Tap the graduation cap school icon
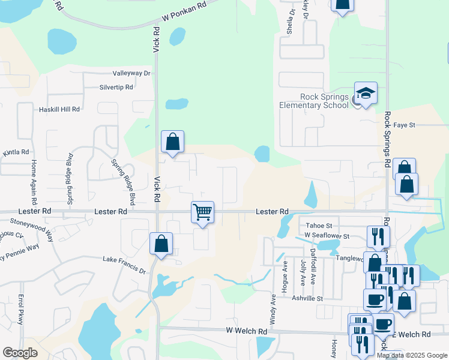pos(366,93)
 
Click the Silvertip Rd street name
pos(116,87)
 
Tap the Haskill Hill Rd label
pos(59,109)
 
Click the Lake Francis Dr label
pos(125,260)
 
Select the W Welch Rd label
pos(247,331)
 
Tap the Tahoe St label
pos(316,226)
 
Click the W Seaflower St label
pos(327,235)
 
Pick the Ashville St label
pos(308,298)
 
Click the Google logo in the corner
pos(20,353)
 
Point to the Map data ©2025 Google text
pos(412,355)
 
